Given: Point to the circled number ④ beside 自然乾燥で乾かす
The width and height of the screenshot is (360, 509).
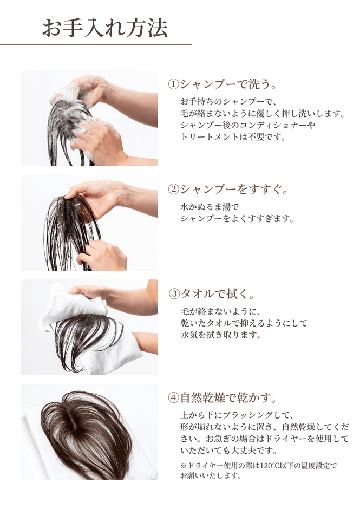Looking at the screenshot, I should pos(173,398).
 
